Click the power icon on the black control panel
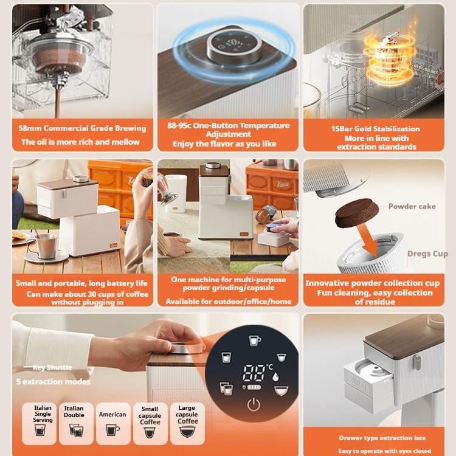[x=254, y=404]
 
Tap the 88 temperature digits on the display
[x=254, y=373]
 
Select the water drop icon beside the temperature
[x=275, y=376]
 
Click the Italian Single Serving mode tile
[x=40, y=423]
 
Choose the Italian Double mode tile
[x=76, y=423]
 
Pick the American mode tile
[x=113, y=423]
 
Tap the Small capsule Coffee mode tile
[x=150, y=423]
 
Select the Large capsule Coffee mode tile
[x=187, y=423]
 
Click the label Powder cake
[x=412, y=207]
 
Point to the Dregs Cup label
[x=427, y=254]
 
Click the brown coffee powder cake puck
[x=357, y=213]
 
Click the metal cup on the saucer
[x=46, y=246]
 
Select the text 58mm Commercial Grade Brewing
[x=82, y=128]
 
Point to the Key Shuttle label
[x=52, y=367]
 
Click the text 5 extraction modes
[x=54, y=382]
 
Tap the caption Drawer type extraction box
[x=382, y=438]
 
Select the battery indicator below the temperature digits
[x=254, y=387]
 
